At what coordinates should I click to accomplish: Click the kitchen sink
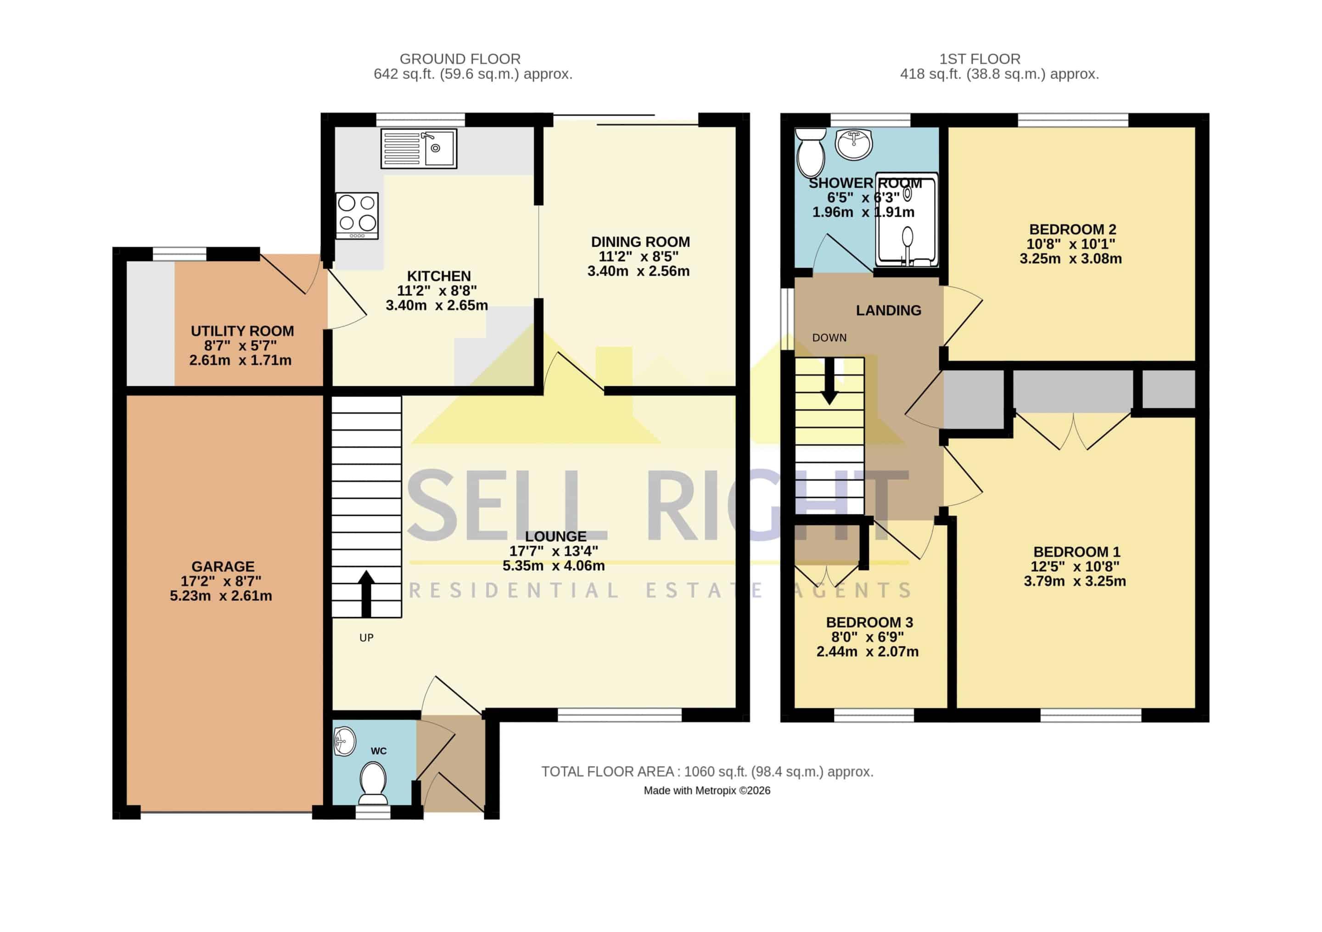(x=419, y=148)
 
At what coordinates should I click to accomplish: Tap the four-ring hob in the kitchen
(x=357, y=215)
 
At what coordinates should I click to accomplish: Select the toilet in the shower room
(x=811, y=152)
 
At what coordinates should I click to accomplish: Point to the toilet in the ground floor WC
(x=373, y=783)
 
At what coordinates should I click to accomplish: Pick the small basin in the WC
(x=345, y=741)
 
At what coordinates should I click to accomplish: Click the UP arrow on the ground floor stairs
(x=366, y=594)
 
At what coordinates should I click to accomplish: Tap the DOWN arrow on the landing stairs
(x=829, y=381)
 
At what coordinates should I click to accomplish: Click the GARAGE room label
(x=223, y=567)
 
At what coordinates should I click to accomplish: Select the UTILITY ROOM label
(x=242, y=331)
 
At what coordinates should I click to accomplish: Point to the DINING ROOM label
(x=640, y=242)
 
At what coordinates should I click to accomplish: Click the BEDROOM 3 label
(x=869, y=623)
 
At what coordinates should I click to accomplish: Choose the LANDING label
(x=888, y=311)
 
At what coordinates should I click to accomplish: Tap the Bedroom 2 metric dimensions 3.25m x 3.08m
(x=1070, y=259)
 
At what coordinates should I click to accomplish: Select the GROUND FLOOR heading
(x=460, y=59)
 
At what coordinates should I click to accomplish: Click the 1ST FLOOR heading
(x=980, y=59)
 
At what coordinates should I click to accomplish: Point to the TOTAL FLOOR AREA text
(x=707, y=772)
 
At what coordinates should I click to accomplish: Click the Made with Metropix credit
(x=707, y=791)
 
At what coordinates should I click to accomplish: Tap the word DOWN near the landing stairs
(x=829, y=338)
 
